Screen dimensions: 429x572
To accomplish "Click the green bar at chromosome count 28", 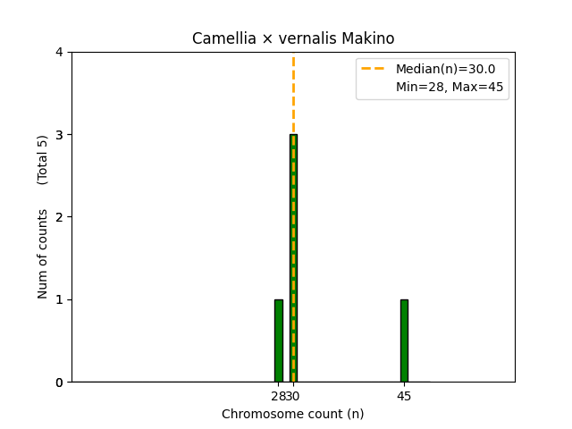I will (x=279, y=341).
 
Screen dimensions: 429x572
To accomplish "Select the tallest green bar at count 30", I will (x=293, y=258).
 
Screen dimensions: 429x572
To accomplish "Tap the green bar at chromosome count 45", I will (x=404, y=341).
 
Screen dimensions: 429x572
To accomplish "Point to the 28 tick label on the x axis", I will (x=278, y=396).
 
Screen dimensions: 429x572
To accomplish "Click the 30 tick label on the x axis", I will (x=293, y=396).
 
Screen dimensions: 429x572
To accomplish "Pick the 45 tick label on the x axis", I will (x=404, y=396).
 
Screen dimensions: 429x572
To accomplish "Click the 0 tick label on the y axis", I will (x=60, y=383).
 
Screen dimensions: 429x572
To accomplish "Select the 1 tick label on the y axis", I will (x=60, y=299).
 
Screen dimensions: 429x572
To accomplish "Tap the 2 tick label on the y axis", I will (x=60, y=217).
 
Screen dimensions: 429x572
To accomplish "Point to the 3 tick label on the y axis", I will (x=60, y=135).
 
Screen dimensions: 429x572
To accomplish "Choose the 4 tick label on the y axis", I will (x=60, y=53).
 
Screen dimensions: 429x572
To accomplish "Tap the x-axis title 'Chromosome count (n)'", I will (x=293, y=414).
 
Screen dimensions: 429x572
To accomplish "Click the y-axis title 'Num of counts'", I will (x=43, y=253).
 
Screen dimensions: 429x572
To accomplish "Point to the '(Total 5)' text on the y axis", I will (x=43, y=160).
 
